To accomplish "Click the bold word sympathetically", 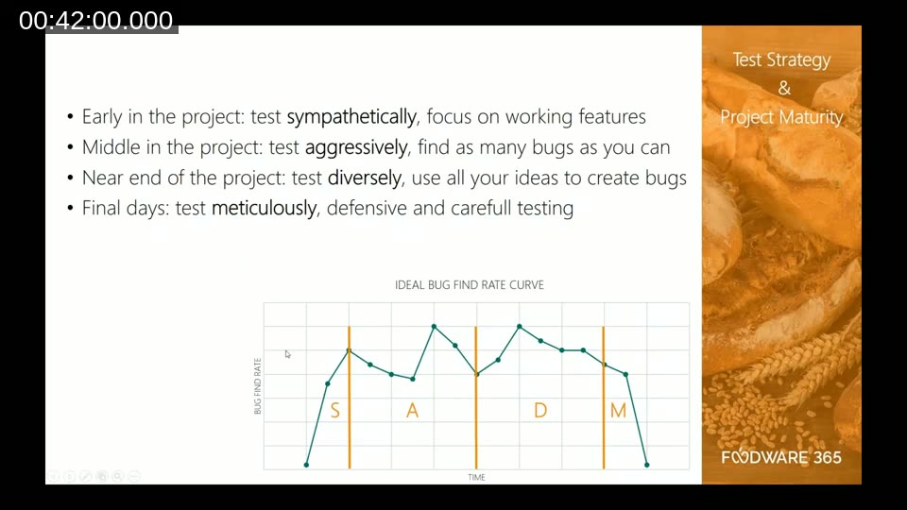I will pos(351,117).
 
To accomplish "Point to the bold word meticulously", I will pos(264,208).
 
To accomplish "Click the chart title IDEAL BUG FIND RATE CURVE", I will pos(470,284).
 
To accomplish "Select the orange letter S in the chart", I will pos(334,411).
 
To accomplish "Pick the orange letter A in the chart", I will pos(412,411).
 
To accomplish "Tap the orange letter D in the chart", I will pos(540,411).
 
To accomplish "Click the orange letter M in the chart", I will pos(618,411).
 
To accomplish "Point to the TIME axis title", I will pos(477,478).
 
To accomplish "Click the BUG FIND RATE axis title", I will pos(257,386).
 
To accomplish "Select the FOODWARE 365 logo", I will pos(781,458).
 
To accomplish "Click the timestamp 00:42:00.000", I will pos(96,21).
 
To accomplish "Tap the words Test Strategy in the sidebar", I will pos(781,59).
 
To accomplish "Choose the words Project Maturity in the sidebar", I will pos(781,117).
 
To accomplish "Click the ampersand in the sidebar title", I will pos(783,89).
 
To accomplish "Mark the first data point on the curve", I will pos(306,465).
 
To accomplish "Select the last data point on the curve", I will pos(647,465).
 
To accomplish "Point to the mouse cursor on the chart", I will pos(288,354).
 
